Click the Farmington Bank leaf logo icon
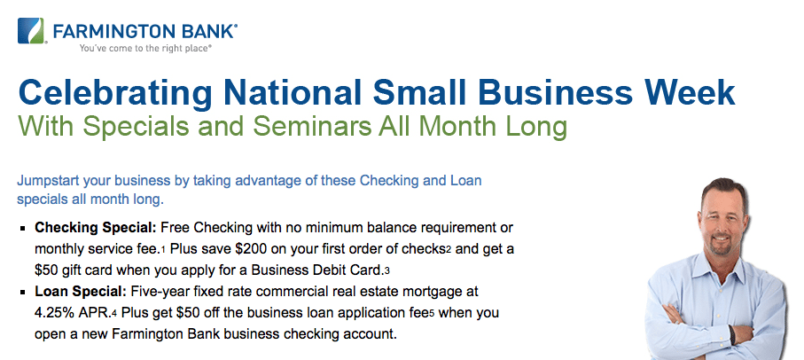coord(30,31)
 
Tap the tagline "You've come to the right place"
coord(145,48)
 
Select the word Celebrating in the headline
coord(115,93)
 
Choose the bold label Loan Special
coord(81,293)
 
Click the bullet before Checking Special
coord(22,228)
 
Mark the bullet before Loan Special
coord(22,293)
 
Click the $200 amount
coord(249,249)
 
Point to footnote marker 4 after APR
coord(113,315)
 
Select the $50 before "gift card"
coord(45,270)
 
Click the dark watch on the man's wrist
coord(731,335)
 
